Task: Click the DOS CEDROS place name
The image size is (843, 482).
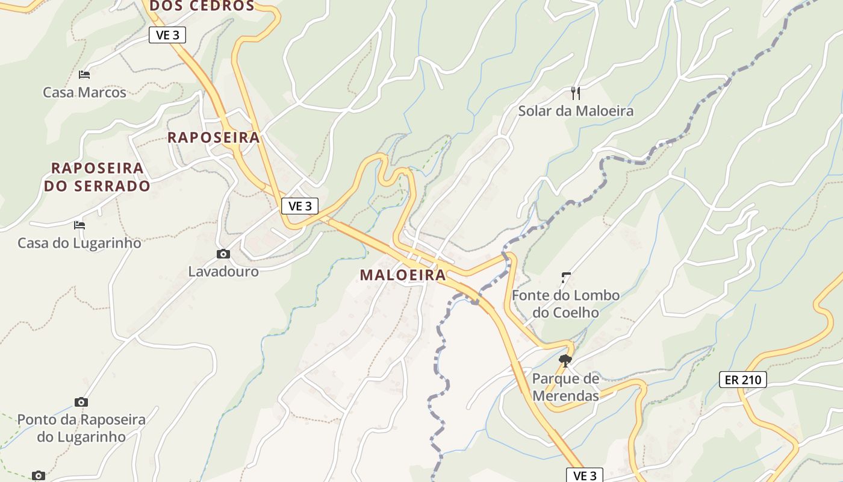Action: click(x=202, y=6)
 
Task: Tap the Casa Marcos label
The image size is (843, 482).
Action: click(x=84, y=92)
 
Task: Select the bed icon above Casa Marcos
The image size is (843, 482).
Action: click(x=84, y=75)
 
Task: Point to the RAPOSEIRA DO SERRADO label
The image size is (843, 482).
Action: click(x=97, y=177)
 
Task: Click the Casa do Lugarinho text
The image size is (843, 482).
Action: click(x=79, y=243)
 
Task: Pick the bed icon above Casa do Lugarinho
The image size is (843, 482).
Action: click(x=79, y=225)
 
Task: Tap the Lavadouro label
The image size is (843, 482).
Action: click(x=223, y=271)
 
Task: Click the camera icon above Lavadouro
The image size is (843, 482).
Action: click(x=223, y=254)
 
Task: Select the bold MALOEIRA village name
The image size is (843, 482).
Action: click(x=403, y=275)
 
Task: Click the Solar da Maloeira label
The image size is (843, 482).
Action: click(x=576, y=111)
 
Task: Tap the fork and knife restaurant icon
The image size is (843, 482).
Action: click(x=576, y=93)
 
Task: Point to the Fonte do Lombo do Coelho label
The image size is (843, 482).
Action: click(x=565, y=304)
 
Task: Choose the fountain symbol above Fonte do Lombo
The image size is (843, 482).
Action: click(x=565, y=278)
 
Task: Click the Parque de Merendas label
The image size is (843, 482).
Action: click(x=565, y=387)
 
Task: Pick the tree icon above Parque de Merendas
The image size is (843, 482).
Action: click(x=565, y=361)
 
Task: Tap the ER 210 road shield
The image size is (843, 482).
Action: click(x=743, y=380)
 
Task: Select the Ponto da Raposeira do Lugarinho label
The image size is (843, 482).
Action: click(x=81, y=428)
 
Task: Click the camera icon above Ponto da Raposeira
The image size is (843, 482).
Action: click(x=81, y=402)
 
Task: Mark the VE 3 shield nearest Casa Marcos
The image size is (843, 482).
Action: click(x=167, y=35)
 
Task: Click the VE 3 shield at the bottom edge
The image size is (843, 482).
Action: click(x=584, y=475)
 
